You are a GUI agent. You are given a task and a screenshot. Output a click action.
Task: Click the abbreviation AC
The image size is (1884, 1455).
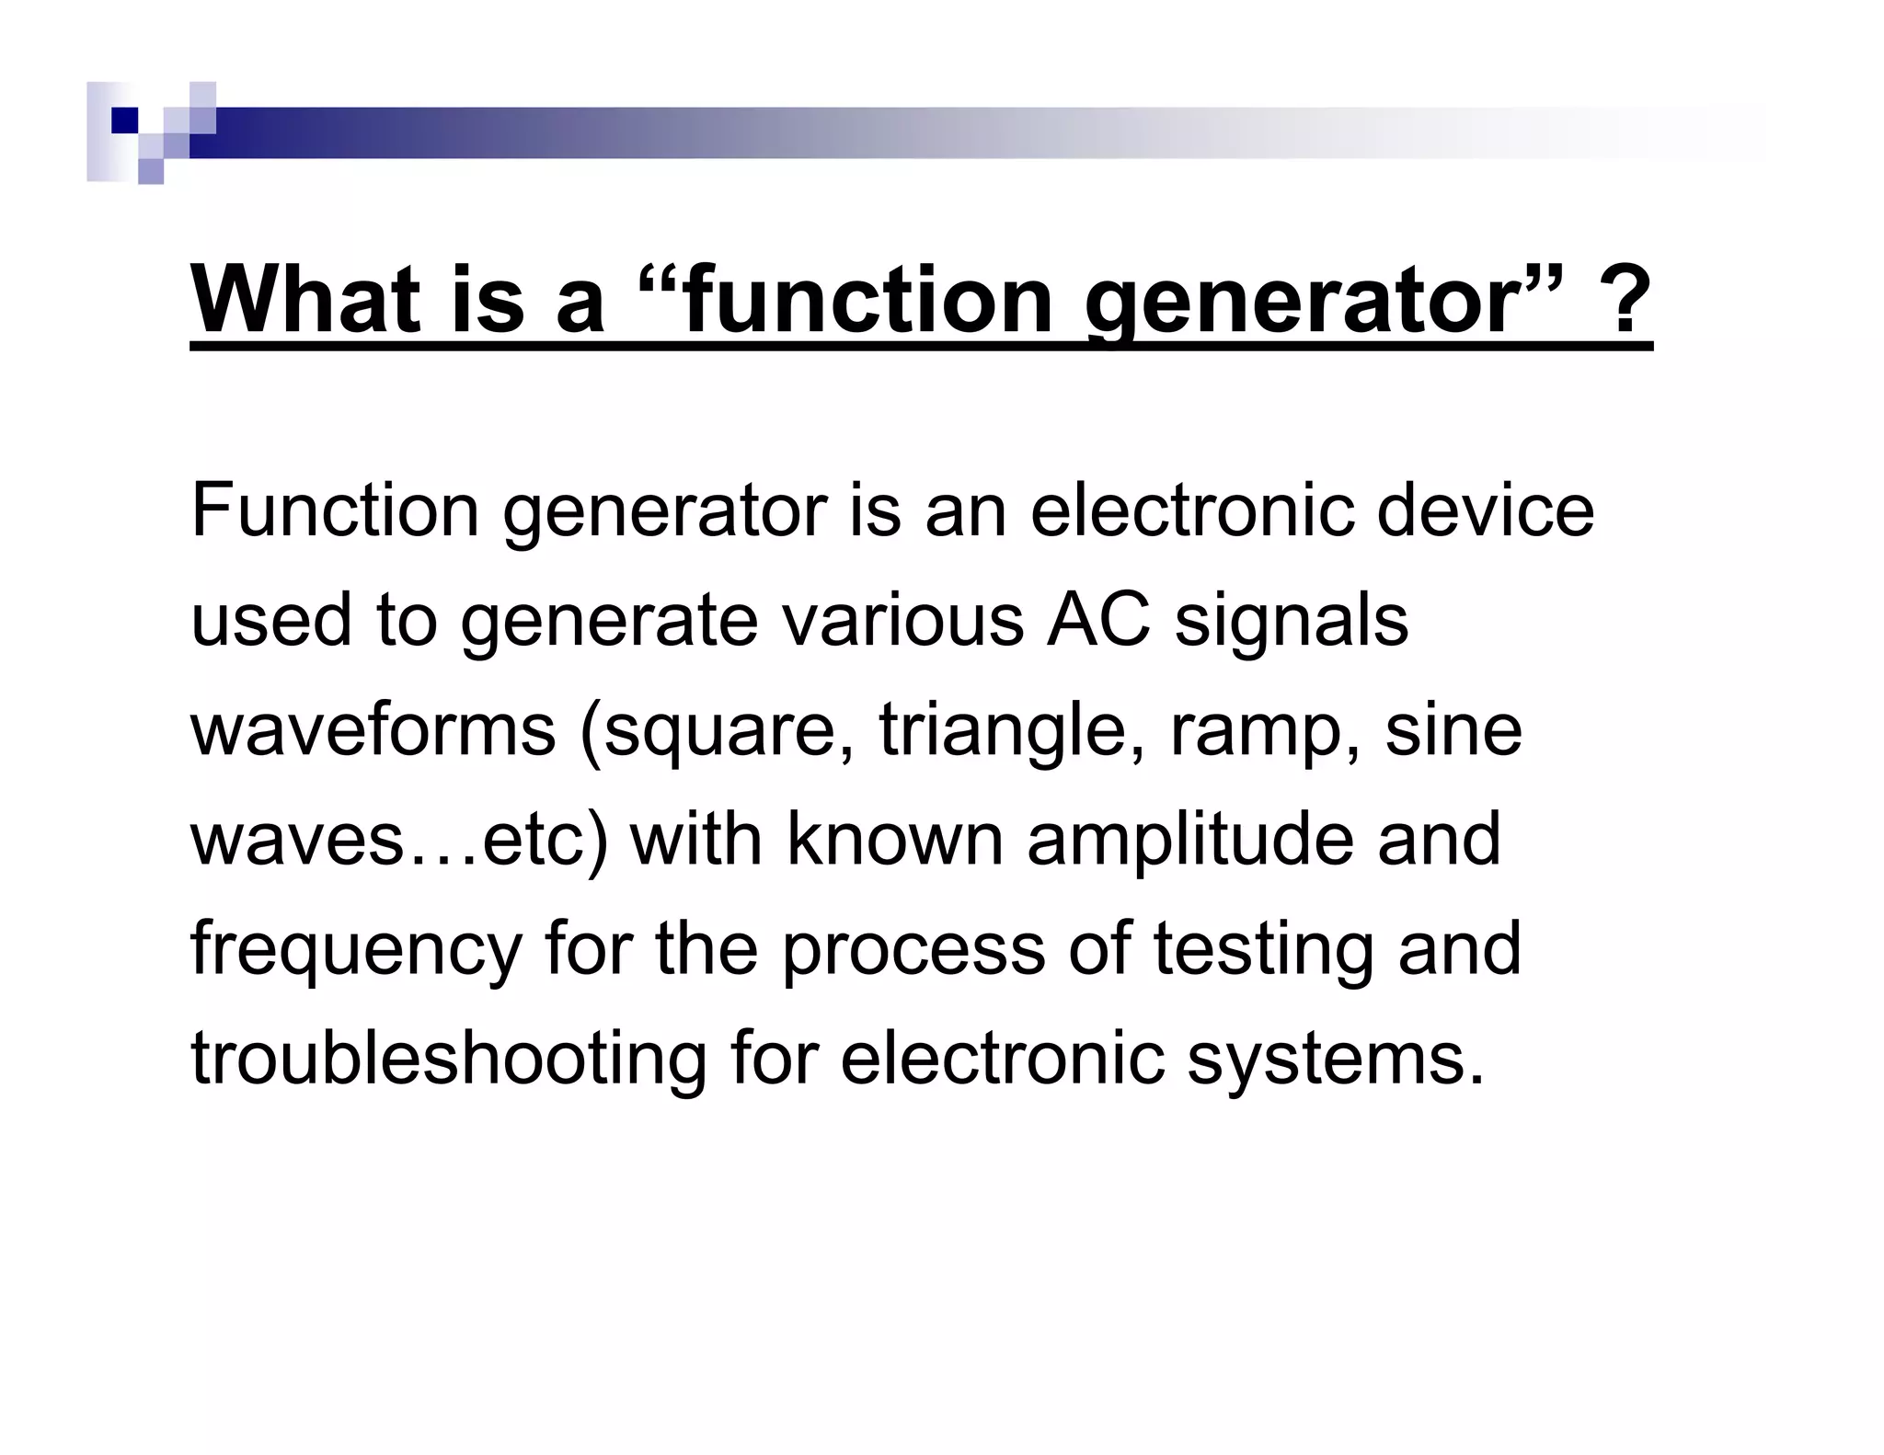pyautogui.click(x=1098, y=620)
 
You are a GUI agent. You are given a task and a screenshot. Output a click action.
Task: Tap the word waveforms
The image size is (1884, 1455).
pyautogui.click(x=373, y=729)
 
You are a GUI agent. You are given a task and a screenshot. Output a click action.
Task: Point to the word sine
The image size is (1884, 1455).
pyautogui.click(x=1453, y=729)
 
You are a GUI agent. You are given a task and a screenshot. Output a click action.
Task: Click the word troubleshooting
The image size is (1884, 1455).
pyautogui.click(x=449, y=1059)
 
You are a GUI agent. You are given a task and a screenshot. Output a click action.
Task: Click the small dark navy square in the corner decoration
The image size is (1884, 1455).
pyautogui.click(x=125, y=120)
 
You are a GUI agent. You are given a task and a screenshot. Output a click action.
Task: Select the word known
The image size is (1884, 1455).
pyautogui.click(x=895, y=839)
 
